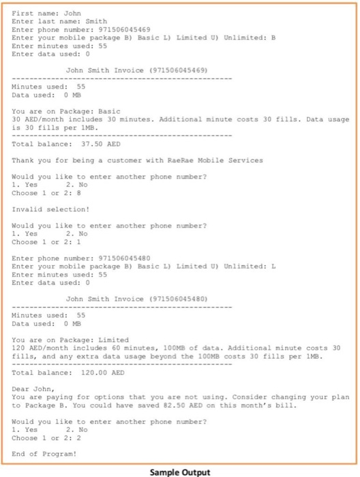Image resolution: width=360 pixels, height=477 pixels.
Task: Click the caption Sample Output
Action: click(x=180, y=472)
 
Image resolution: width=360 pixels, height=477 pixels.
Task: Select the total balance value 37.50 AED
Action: click(x=86, y=144)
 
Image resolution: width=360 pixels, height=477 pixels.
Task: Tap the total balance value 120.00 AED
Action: click(x=88, y=372)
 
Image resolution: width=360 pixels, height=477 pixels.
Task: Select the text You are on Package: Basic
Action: click(x=67, y=111)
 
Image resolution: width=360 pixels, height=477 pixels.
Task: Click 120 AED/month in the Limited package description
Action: click(x=36, y=348)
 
